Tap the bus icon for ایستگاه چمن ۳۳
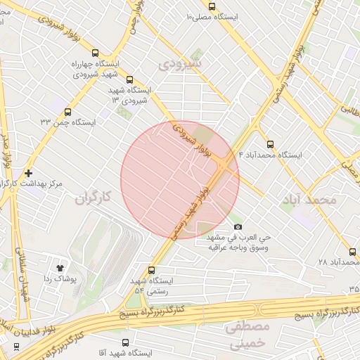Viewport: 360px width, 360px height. (x=68, y=111)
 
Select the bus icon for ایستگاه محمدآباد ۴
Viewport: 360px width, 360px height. (x=271, y=144)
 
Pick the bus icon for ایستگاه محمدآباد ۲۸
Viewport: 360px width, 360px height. (x=353, y=251)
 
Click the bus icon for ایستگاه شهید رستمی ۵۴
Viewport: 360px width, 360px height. (x=153, y=269)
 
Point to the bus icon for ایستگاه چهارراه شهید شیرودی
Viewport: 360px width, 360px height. (x=95, y=53)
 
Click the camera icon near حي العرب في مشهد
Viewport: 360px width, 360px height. (x=238, y=226)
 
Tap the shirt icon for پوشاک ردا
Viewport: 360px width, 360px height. (x=60, y=268)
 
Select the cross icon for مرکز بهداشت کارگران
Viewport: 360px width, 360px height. (x=28, y=172)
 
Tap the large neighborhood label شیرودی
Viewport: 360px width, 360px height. (x=179, y=64)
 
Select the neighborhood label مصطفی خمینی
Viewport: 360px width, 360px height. (x=247, y=334)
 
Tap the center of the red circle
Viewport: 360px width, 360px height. (x=180, y=180)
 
